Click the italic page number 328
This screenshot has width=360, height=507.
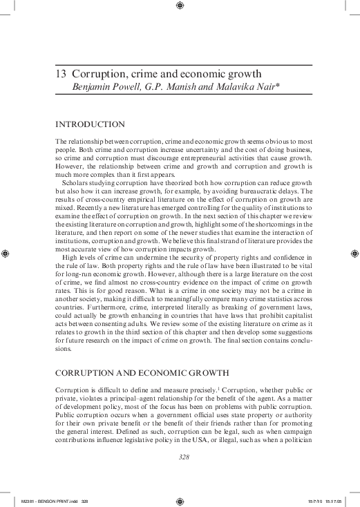[184, 457]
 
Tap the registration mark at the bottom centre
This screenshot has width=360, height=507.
[180, 501]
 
